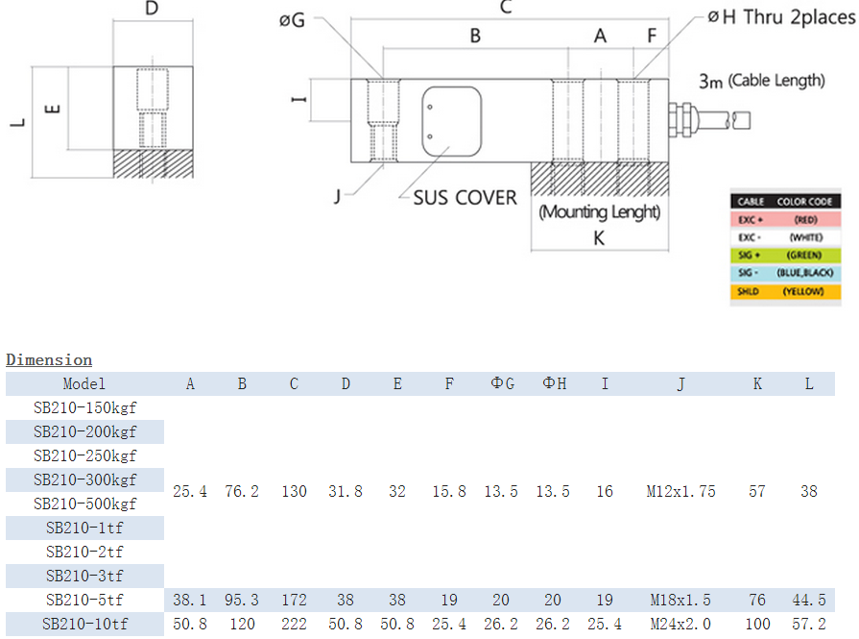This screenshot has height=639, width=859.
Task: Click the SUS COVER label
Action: point(465,198)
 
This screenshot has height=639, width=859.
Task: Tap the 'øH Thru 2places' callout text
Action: point(779,17)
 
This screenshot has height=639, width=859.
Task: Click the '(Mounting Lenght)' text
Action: point(599,212)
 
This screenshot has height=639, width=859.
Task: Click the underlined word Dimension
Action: point(49,359)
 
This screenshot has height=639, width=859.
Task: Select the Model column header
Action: point(84,383)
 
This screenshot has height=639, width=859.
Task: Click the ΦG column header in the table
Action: point(502,383)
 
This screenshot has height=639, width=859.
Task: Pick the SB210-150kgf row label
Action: point(84,407)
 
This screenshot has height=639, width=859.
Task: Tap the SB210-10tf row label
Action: point(84,625)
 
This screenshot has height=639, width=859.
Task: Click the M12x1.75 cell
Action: point(680,491)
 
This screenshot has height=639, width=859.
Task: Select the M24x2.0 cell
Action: point(680,625)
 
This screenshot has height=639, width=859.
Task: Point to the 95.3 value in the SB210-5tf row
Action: point(242,600)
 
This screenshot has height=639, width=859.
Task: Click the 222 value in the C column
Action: point(294,625)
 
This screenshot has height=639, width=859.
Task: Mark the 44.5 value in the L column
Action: point(808,600)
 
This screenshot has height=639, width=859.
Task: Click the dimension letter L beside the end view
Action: point(16,122)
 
